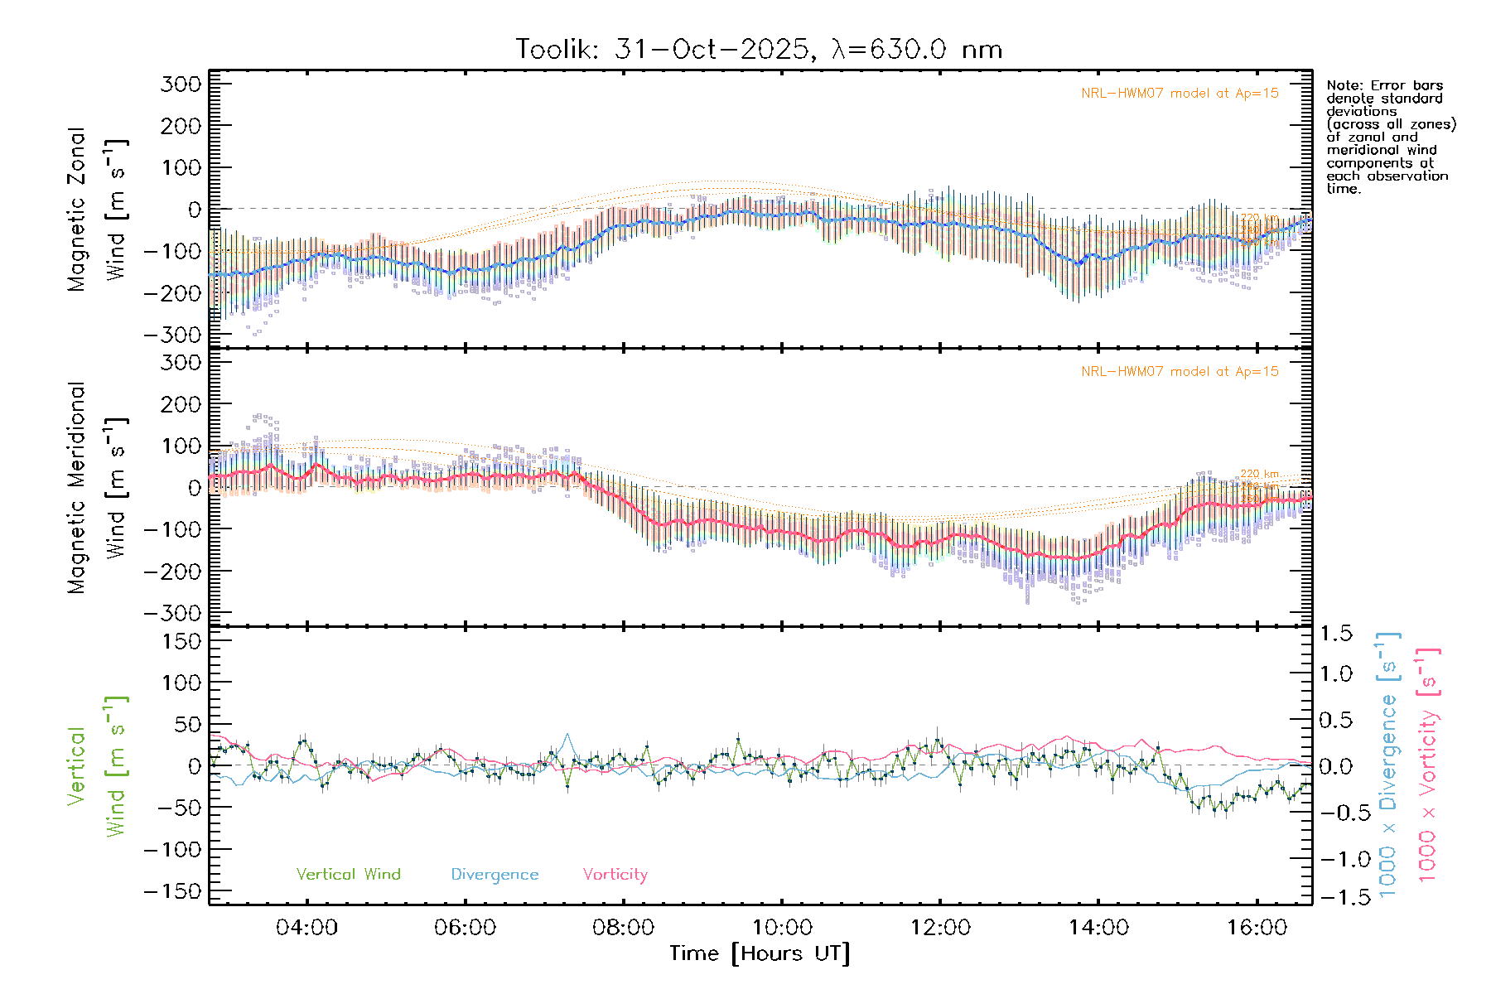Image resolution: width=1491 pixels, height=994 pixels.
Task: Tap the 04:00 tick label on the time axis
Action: pos(306,928)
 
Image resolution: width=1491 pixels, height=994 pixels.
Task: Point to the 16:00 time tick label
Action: pos(1257,928)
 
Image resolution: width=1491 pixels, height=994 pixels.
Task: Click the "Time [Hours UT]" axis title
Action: pos(760,953)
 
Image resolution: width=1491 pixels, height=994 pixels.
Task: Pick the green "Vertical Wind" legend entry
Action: pos(348,874)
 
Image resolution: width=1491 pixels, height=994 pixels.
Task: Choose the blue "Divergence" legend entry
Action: pos(495,874)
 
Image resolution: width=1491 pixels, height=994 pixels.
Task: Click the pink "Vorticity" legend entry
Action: pos(615,874)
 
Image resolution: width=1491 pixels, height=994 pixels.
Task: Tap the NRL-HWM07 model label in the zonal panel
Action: pos(1180,94)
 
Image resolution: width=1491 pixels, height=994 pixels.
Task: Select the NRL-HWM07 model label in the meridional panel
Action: pos(1180,372)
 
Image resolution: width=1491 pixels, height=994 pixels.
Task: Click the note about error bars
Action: pos(1390,137)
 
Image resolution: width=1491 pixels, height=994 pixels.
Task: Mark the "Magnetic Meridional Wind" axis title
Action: pos(98,488)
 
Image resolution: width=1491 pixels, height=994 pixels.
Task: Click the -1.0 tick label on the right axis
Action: pos(1335,858)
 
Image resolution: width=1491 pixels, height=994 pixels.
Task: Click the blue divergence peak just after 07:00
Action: pos(567,734)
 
